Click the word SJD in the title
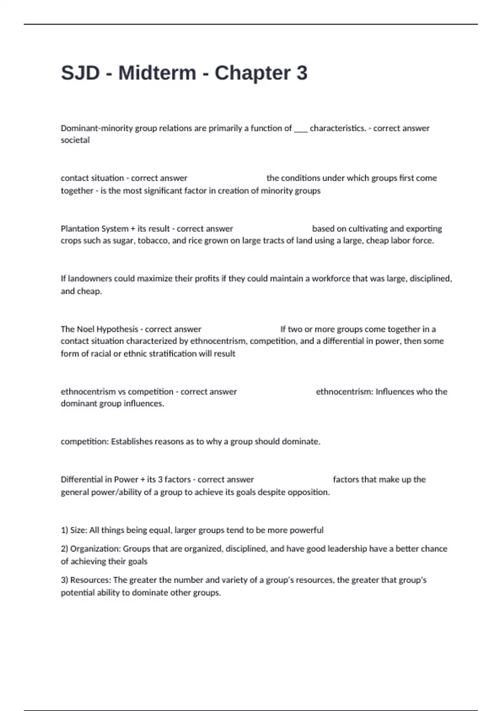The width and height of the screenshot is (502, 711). tap(80, 73)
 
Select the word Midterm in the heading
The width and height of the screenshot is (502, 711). tap(157, 73)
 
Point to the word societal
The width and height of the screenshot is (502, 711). tap(75, 140)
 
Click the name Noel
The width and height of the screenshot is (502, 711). tap(86, 329)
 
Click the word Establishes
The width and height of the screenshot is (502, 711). tap(131, 442)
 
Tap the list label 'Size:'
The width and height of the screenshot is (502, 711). tap(78, 530)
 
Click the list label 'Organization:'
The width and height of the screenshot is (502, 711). tap(95, 549)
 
